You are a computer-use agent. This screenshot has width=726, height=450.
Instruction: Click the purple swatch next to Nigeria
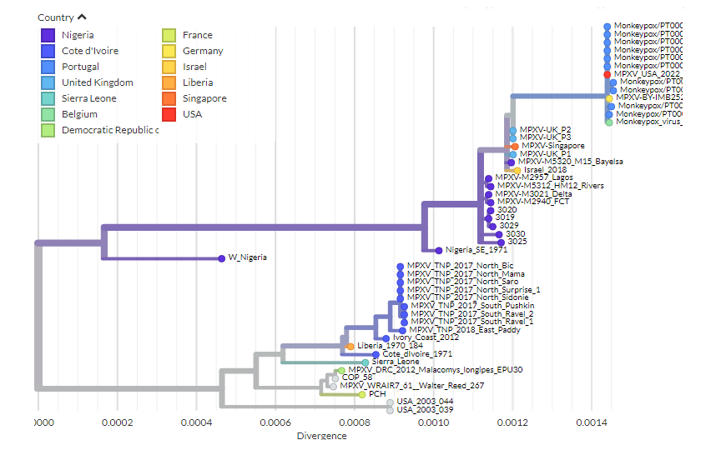coord(48,35)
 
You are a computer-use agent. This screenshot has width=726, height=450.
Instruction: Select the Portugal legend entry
coord(80,67)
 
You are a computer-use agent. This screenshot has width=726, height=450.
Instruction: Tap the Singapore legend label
coord(204,98)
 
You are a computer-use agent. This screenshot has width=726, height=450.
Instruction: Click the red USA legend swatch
coord(169,114)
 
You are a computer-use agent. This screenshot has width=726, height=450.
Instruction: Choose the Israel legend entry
coord(196,67)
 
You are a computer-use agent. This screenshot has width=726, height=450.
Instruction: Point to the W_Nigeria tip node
coord(221,258)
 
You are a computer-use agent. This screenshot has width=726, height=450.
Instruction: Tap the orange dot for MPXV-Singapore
coord(515,146)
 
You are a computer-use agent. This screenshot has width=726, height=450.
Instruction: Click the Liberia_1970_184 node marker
coord(350,346)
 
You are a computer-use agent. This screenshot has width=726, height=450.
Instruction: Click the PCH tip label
coord(376,394)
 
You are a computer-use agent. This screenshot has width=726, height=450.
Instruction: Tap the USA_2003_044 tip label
coord(425,402)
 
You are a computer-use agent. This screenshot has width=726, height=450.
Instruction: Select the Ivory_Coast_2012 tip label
coord(431,337)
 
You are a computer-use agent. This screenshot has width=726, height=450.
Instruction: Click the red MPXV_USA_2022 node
coord(608,74)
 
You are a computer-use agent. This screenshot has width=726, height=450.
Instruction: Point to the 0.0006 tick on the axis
coord(275,422)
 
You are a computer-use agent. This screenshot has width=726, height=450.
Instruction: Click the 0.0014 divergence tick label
coord(592,422)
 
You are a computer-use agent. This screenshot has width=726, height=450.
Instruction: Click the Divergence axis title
coord(322,436)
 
